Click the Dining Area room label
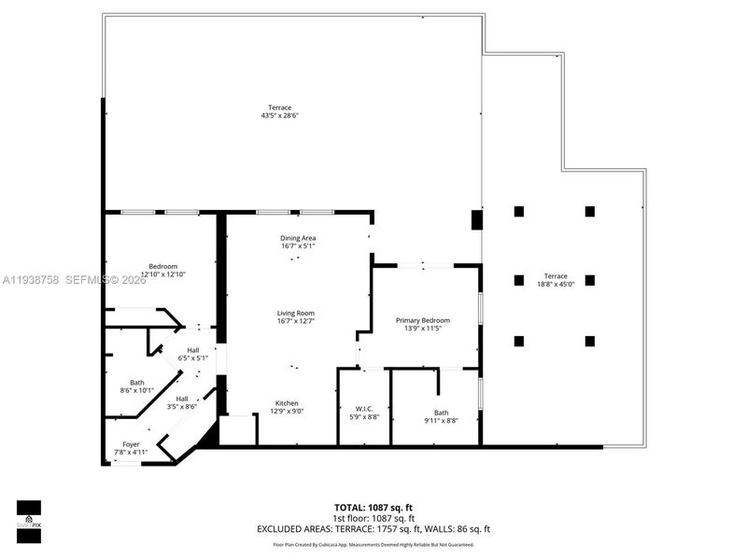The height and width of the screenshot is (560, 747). (x=298, y=238)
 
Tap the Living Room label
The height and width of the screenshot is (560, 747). (x=295, y=313)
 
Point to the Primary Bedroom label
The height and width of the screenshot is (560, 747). (x=422, y=320)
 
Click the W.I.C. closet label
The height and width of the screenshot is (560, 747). (x=364, y=408)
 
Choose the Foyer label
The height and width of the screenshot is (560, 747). (x=132, y=444)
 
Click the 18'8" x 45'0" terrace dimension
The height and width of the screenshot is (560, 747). (x=557, y=286)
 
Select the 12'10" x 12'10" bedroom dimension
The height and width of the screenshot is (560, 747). (x=163, y=274)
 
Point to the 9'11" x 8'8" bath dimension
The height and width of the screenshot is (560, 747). (x=441, y=421)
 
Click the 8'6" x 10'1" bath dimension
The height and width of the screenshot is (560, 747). (x=137, y=391)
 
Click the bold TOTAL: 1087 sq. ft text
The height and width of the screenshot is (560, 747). (x=373, y=508)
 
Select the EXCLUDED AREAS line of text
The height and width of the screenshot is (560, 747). (x=373, y=528)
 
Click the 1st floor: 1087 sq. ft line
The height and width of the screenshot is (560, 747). (x=373, y=518)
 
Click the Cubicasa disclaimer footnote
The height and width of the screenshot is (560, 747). (x=373, y=544)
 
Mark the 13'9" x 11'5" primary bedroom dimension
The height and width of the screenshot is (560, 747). (x=422, y=329)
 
